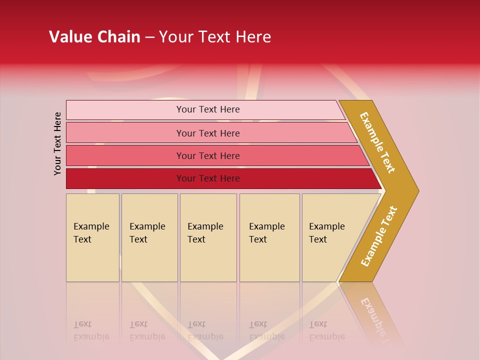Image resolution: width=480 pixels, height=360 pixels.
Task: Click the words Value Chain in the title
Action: [94, 37]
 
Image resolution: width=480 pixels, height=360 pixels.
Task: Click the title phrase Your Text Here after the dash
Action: [215, 37]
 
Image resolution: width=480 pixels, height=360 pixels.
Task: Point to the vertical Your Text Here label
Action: [57, 143]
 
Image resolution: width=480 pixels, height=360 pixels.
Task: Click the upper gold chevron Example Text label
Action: [377, 142]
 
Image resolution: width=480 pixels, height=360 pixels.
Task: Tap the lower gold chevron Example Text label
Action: [378, 236]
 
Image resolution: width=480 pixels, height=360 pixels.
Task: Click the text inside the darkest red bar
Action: [208, 178]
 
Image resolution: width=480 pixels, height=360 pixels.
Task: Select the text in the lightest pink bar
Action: [208, 109]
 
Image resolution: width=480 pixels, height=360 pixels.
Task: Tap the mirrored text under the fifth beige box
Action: [326, 330]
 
